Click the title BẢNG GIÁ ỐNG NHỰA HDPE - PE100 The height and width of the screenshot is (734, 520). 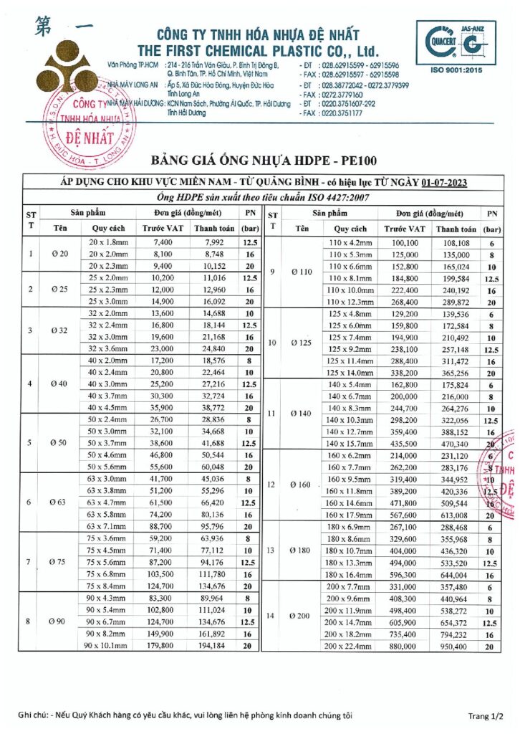pyautogui.click(x=264, y=159)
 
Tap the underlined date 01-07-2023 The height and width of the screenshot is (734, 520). pyautogui.click(x=444, y=183)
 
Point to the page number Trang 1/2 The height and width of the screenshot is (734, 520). pyautogui.click(x=486, y=715)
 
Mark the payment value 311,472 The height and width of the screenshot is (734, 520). pyautogui.click(x=456, y=362)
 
